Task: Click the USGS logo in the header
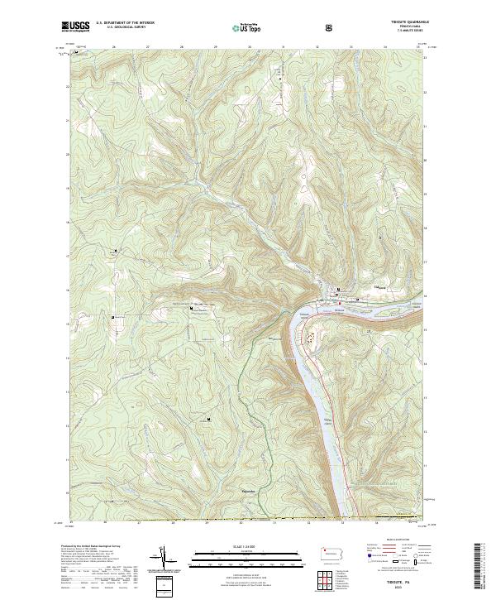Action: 75,26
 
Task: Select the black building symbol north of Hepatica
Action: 209,419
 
